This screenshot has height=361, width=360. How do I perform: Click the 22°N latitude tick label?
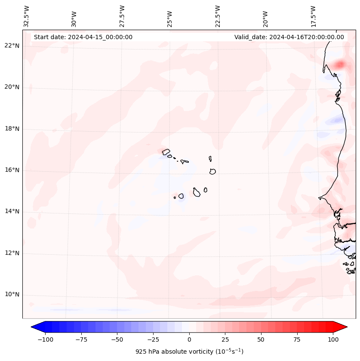pyautogui.click(x=12, y=46)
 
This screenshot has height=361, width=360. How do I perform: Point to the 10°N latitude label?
pyautogui.click(x=12, y=295)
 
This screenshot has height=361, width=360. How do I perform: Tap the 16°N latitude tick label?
pyautogui.click(x=12, y=170)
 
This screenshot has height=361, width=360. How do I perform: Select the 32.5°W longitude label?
pyautogui.click(x=27, y=16)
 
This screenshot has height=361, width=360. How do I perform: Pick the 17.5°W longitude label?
pyautogui.click(x=313, y=16)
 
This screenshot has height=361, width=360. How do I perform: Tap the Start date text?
pyautogui.click(x=83, y=37)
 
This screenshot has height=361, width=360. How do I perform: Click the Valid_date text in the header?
pyautogui.click(x=289, y=37)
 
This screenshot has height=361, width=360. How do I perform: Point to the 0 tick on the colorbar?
pyautogui.click(x=189, y=339)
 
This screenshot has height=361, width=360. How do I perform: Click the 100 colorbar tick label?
pyautogui.click(x=333, y=339)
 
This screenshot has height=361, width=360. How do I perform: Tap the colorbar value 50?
pyautogui.click(x=261, y=339)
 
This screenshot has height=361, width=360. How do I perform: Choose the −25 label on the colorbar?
pyautogui.click(x=153, y=339)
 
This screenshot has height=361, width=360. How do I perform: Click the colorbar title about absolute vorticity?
pyautogui.click(x=189, y=352)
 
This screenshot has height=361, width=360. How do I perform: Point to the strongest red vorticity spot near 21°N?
pyautogui.click(x=340, y=65)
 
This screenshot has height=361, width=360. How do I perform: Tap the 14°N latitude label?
pyautogui.click(x=12, y=212)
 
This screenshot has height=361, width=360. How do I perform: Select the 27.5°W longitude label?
pyautogui.click(x=122, y=16)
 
